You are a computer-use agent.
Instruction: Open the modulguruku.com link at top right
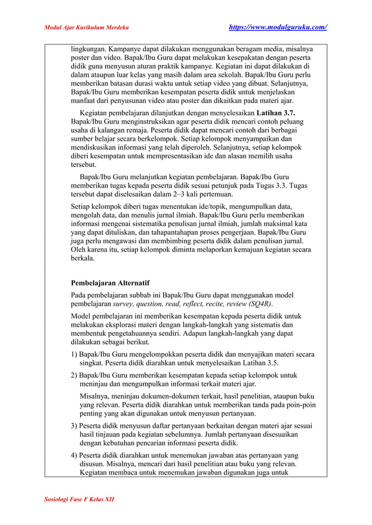click(x=276, y=27)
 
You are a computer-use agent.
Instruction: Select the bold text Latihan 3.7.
click(x=276, y=111)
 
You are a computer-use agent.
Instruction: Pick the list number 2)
click(x=74, y=375)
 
